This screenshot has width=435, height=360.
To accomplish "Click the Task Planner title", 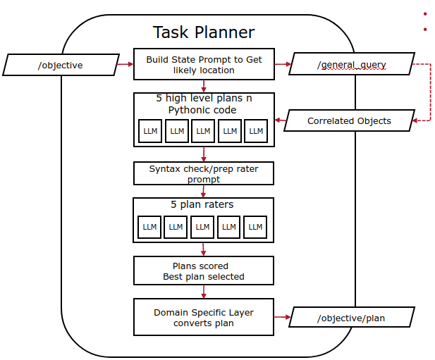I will pyautogui.click(x=204, y=32).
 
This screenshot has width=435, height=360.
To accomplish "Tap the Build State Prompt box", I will pyautogui.click(x=204, y=65).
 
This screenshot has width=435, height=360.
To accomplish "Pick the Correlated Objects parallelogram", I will pyautogui.click(x=349, y=120).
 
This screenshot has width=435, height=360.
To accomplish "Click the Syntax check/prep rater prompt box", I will pyautogui.click(x=204, y=174).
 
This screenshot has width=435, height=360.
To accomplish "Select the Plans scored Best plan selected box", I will pyautogui.click(x=204, y=271).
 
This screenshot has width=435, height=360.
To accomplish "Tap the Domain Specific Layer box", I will pyautogui.click(x=204, y=317).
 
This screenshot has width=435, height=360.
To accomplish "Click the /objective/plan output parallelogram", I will pyautogui.click(x=350, y=318).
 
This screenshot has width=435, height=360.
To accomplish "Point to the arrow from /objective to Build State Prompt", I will pyautogui.click(x=125, y=65).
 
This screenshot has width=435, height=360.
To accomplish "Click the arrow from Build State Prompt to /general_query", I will pyautogui.click(x=283, y=65).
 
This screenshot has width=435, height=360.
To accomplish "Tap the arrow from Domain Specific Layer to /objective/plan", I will pyautogui.click(x=282, y=318).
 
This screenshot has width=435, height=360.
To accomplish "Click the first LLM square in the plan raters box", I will pyautogui.click(x=150, y=227).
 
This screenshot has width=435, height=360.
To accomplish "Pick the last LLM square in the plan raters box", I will pyautogui.click(x=255, y=227).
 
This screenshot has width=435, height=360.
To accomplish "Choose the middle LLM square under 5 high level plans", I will pyautogui.click(x=203, y=131).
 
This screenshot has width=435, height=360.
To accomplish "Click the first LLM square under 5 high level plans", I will pyautogui.click(x=150, y=131).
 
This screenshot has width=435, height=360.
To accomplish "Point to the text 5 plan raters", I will pyautogui.click(x=203, y=205).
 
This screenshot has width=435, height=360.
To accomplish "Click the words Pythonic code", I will pyautogui.click(x=202, y=110).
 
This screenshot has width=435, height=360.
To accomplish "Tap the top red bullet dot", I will pyautogui.click(x=425, y=13).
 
